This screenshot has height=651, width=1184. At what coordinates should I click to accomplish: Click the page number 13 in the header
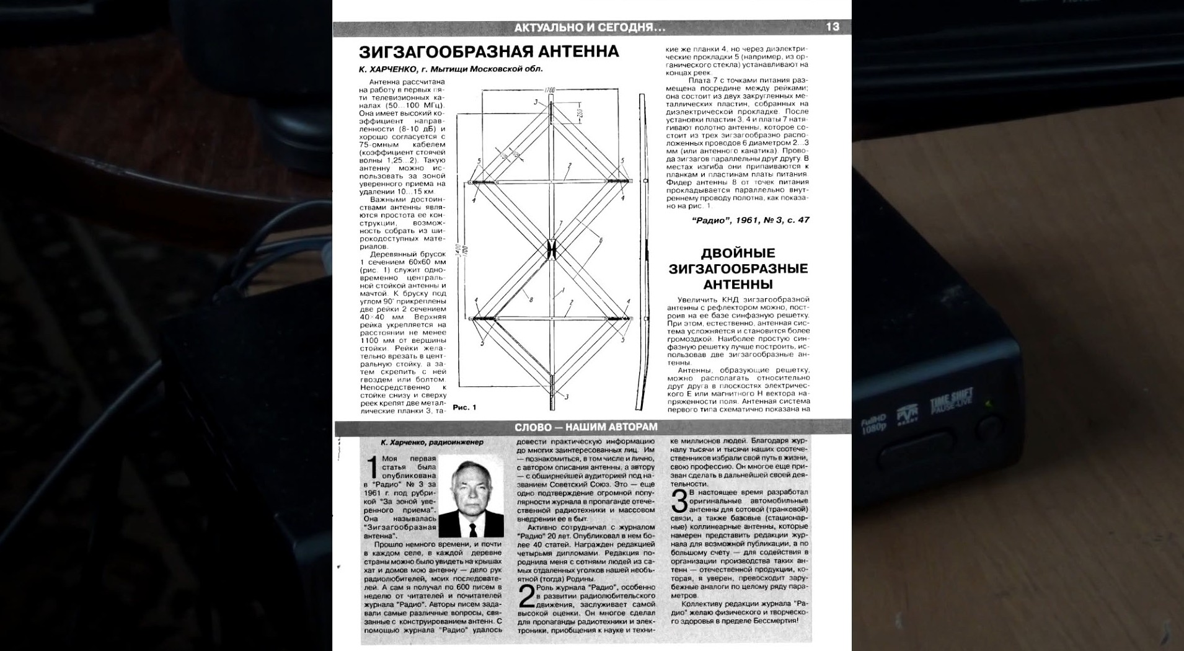832,27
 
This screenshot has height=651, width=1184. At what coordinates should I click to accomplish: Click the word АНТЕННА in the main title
578,51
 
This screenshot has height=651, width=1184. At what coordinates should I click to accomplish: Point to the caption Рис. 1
464,407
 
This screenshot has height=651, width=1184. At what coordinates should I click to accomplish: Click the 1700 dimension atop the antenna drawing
549,91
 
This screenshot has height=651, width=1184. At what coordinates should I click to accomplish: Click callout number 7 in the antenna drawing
560,224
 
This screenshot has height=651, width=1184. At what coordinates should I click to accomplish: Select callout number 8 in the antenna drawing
531,299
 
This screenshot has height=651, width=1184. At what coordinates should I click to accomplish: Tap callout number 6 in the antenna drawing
600,241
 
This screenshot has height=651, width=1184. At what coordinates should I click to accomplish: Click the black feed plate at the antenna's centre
551,249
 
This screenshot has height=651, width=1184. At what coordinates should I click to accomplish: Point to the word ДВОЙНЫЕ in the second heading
738,253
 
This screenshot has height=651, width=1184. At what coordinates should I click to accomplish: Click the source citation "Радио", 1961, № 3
749,220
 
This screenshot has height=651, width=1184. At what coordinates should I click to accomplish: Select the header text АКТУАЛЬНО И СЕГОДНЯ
590,28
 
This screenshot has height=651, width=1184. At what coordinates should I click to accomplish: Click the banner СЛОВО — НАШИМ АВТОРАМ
586,427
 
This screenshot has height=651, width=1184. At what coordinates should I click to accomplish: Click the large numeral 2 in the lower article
526,597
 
